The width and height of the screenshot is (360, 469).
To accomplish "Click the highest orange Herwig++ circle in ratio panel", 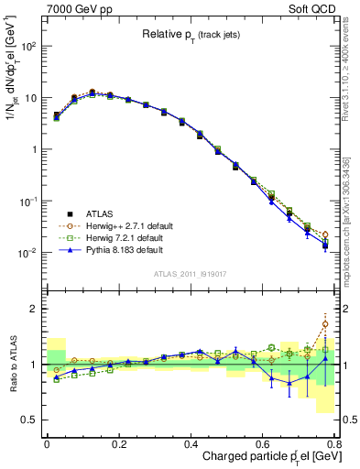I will pos(325,324).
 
